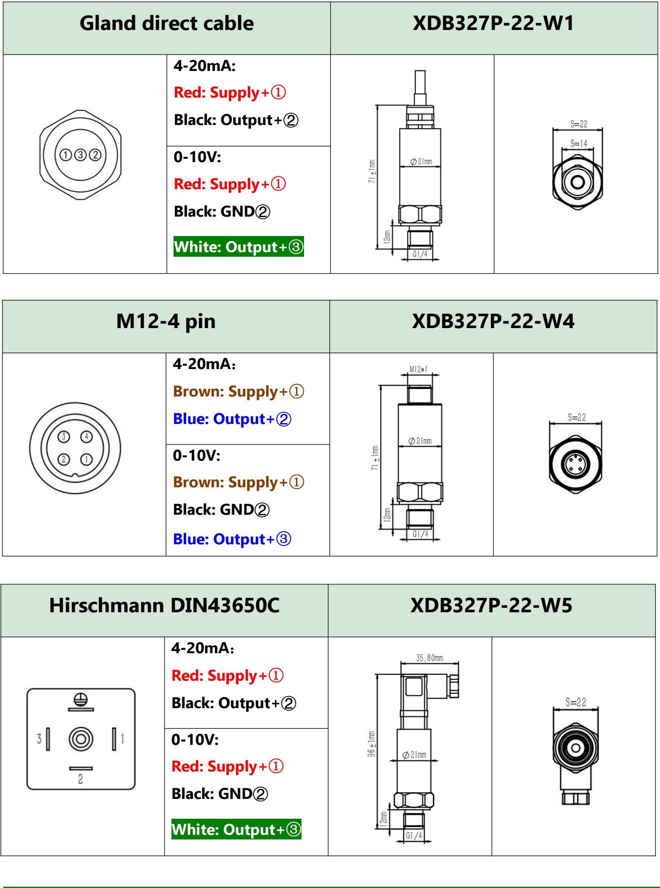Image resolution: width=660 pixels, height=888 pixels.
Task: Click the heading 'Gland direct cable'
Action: pyautogui.click(x=167, y=24)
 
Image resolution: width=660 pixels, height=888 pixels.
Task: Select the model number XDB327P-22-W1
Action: pyautogui.click(x=493, y=23)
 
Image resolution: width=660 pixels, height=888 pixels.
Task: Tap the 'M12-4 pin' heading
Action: pyautogui.click(x=166, y=321)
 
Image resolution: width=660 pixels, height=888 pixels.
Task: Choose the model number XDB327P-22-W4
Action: pyautogui.click(x=493, y=321)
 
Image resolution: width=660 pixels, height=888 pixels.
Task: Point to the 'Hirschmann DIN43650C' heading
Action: pyautogui.click(x=164, y=606)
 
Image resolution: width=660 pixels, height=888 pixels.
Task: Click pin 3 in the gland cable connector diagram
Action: pyautogui.click(x=80, y=155)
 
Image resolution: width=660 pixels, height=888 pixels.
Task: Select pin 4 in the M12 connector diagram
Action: pyautogui.click(x=87, y=436)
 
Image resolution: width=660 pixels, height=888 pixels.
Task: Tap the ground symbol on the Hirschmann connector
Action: pyautogui.click(x=81, y=700)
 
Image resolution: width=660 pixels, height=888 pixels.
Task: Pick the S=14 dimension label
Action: pyautogui.click(x=579, y=144)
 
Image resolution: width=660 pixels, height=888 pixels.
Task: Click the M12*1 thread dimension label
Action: pyautogui.click(x=418, y=369)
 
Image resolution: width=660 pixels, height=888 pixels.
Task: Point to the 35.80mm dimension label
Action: pyautogui.click(x=429, y=658)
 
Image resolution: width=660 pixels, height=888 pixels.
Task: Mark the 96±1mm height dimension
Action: pyautogui.click(x=371, y=744)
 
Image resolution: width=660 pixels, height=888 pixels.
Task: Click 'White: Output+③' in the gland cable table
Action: pyautogui.click(x=239, y=247)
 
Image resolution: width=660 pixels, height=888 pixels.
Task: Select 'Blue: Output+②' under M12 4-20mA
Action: pyautogui.click(x=232, y=419)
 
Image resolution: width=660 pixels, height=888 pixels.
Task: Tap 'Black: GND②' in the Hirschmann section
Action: pyautogui.click(x=220, y=794)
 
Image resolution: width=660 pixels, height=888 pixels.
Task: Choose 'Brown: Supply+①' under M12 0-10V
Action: pyautogui.click(x=238, y=482)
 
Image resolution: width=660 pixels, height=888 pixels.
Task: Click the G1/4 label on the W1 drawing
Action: pyautogui.click(x=420, y=254)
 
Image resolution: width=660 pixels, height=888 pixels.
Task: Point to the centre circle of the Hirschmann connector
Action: pyautogui.click(x=81, y=739)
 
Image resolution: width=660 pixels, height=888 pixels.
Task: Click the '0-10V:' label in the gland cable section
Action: pyautogui.click(x=197, y=157)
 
